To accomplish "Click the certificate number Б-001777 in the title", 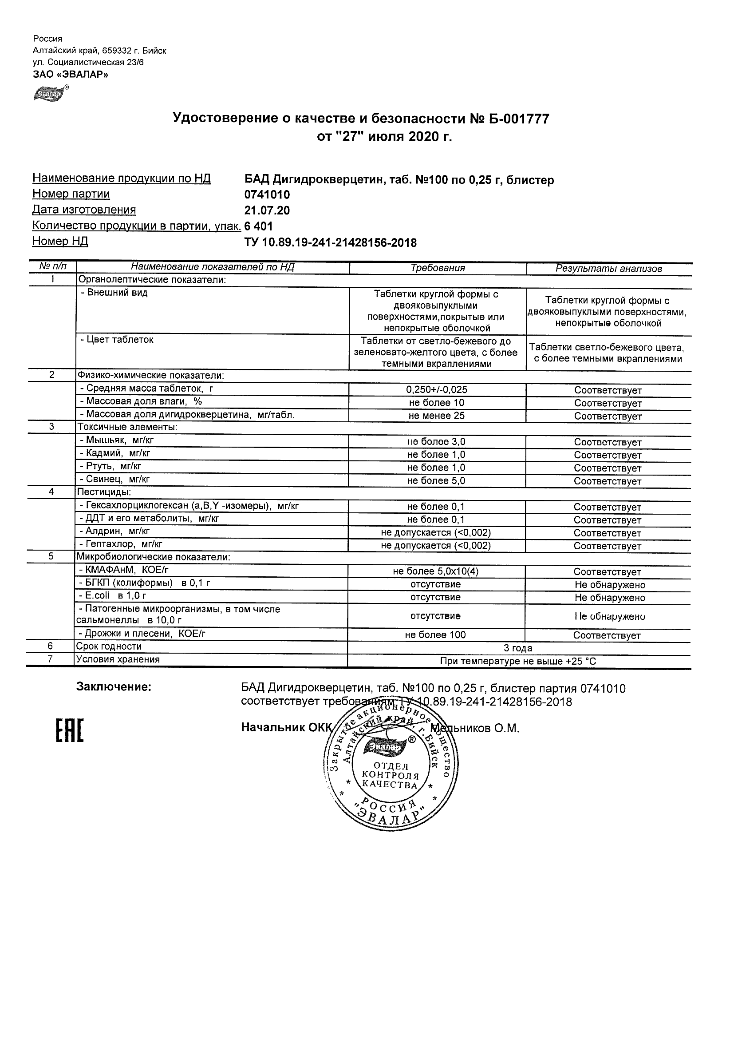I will point(518,119).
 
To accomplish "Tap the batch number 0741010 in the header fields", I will point(267,195).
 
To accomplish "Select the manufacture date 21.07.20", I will point(267,211).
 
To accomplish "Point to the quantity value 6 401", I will point(259,226).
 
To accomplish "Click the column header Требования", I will point(437,268).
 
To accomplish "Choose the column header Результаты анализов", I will point(609,269).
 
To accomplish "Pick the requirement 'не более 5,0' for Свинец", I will point(436,480).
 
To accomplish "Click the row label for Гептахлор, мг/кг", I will point(121,544).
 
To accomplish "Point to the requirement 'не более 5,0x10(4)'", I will point(435,571).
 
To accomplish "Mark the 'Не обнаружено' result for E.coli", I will point(610,598).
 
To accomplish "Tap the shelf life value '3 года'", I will point(518,648).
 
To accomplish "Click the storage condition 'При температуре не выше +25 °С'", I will point(518,661).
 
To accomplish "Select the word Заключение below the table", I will point(114,687).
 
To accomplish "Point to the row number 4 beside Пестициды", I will point(51,492).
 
